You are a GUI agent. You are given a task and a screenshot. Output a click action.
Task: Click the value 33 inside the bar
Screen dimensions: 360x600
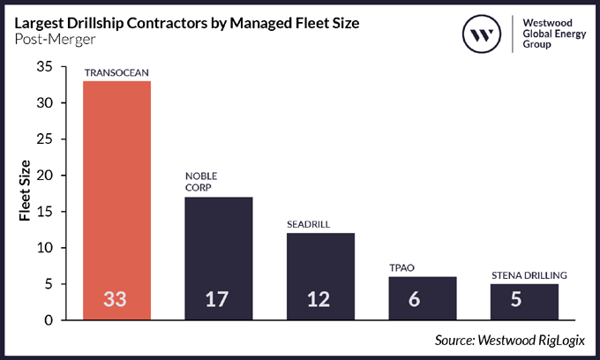click(116, 300)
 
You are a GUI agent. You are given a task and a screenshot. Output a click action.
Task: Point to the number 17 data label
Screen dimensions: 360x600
click(219, 300)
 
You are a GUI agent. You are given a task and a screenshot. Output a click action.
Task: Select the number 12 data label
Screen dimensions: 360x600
click(321, 300)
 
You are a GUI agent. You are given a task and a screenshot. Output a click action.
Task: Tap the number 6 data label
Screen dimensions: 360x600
click(423, 300)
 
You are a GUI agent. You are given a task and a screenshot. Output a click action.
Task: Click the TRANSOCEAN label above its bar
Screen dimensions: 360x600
click(116, 72)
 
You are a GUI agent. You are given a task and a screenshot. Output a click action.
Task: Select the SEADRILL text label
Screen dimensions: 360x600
click(309, 225)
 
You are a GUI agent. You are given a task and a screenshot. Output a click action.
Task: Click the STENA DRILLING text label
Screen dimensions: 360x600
click(529, 275)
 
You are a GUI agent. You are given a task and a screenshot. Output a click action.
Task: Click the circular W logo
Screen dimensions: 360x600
click(483, 34)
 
